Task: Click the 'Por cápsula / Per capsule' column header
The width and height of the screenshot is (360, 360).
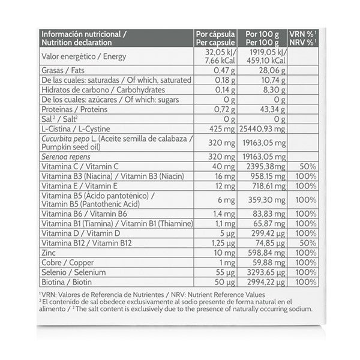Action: point(215,38)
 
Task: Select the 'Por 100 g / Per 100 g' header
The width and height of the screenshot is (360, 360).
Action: point(263,38)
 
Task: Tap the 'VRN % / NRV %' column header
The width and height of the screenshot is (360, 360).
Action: point(302,38)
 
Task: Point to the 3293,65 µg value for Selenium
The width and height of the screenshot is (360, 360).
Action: point(265,272)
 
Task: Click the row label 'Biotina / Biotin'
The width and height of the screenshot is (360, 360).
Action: point(65,281)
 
